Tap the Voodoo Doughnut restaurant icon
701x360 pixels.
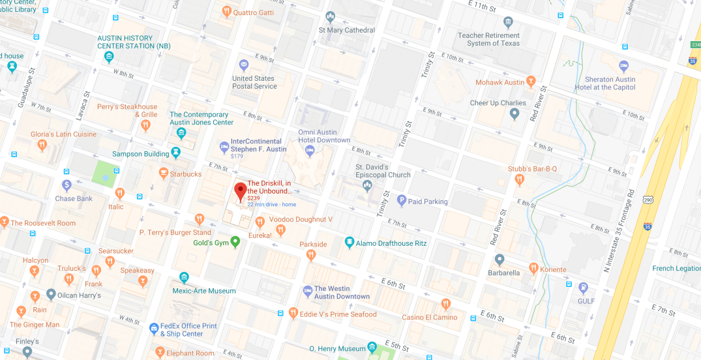click(260, 222)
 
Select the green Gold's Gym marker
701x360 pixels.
click(235, 242)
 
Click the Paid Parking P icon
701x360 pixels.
click(401, 201)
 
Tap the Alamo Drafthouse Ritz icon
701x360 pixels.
click(350, 243)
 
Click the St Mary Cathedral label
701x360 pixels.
click(346, 30)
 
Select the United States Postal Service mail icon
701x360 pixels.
click(243, 65)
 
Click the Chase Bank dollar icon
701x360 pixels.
click(67, 185)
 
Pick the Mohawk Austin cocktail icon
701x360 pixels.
click(531, 82)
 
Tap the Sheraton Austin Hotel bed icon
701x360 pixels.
click(623, 66)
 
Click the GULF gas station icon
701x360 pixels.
click(584, 288)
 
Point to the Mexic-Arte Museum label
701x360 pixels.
click(204, 291)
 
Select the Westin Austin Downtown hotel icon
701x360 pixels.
click(308, 290)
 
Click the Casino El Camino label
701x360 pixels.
click(429, 318)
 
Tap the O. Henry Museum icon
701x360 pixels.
click(372, 347)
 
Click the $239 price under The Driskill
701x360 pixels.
click(254, 198)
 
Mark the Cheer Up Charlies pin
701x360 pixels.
click(515, 115)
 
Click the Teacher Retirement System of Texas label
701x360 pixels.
click(493, 39)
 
